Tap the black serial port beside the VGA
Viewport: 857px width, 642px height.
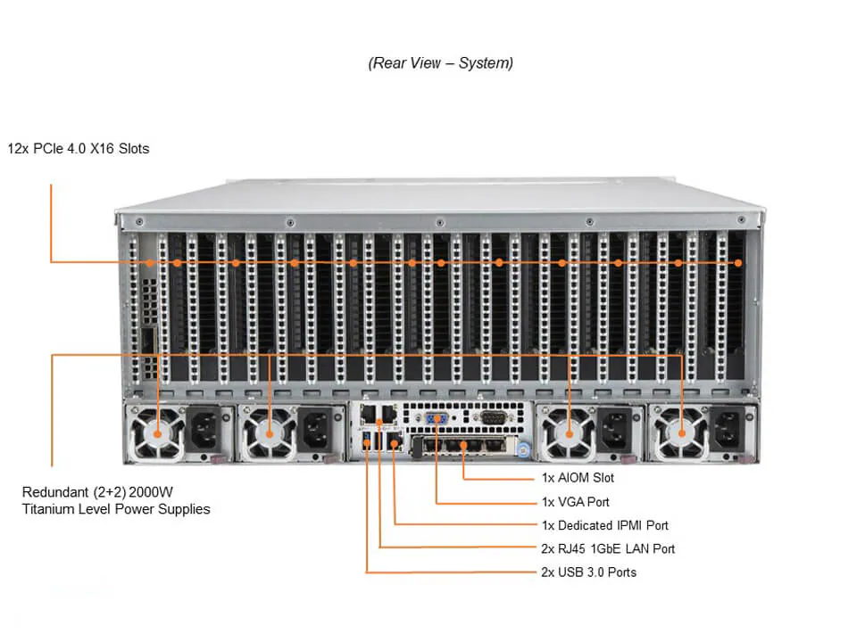492,416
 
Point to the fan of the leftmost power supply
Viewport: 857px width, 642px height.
158,433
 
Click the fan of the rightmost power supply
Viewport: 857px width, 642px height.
683,433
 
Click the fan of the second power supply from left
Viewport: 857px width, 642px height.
270,433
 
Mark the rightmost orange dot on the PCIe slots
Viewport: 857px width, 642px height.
738,263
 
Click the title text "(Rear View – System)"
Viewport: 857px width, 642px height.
440,63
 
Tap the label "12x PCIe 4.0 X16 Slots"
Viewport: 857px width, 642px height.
79,149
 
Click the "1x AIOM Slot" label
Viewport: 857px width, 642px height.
578,479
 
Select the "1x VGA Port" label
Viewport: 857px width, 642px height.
576,502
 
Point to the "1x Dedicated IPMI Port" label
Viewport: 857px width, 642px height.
604,525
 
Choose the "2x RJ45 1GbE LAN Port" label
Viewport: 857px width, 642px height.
608,548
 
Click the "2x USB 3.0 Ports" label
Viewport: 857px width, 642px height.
589,572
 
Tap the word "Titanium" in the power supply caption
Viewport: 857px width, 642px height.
50,509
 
